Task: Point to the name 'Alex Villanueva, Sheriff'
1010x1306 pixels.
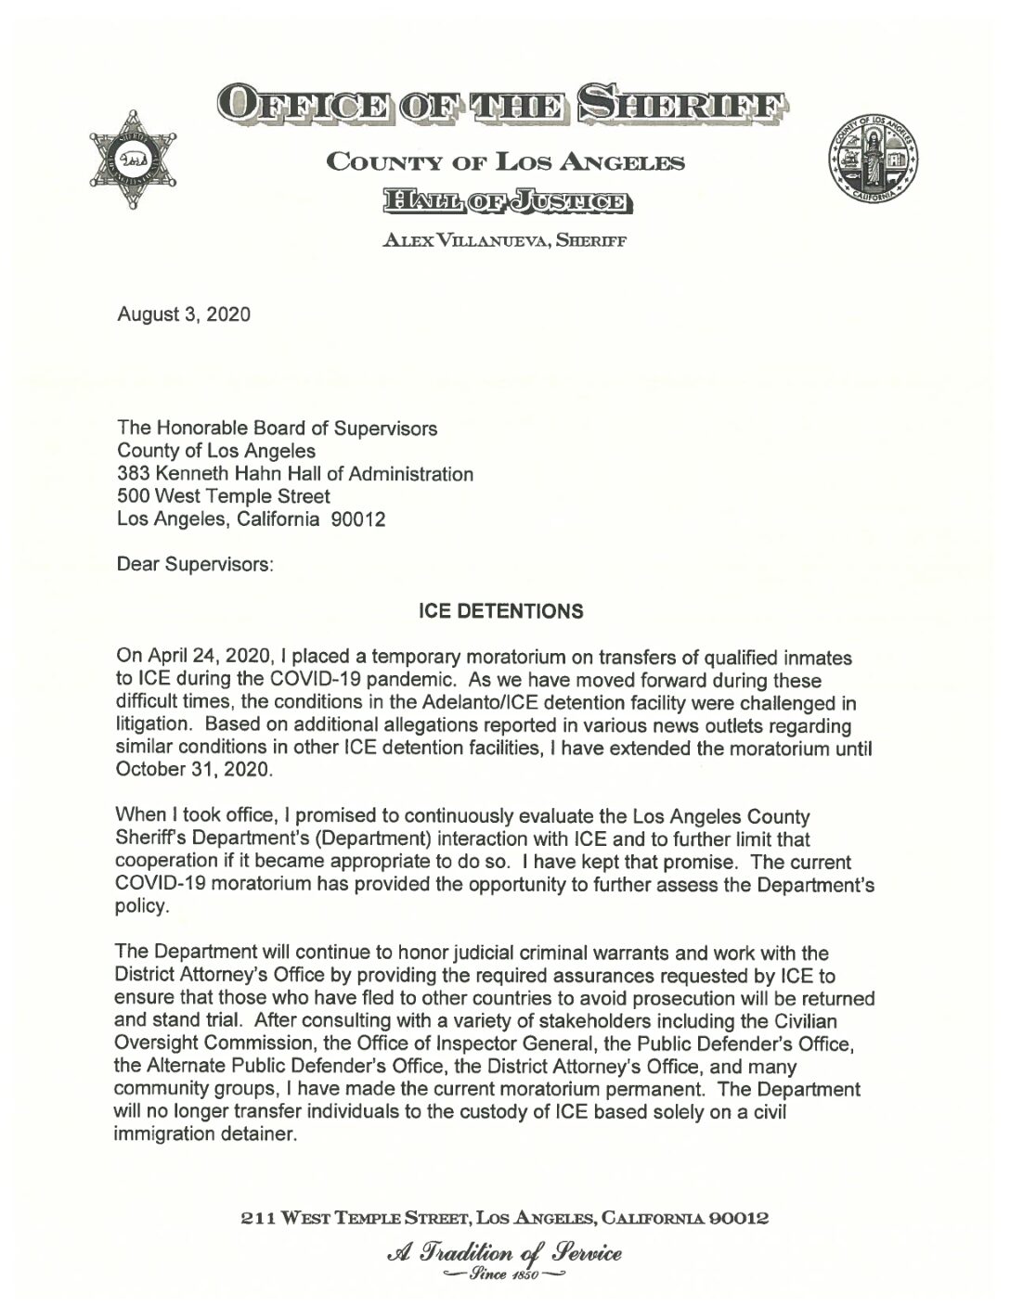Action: (505, 241)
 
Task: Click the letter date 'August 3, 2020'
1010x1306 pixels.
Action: (183, 314)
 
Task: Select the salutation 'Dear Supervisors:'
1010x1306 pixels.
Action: (194, 565)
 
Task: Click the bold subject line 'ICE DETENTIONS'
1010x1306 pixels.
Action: (501, 611)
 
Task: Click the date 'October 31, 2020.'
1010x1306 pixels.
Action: (193, 770)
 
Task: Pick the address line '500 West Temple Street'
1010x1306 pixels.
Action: (223, 497)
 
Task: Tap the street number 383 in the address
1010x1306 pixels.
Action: (132, 474)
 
